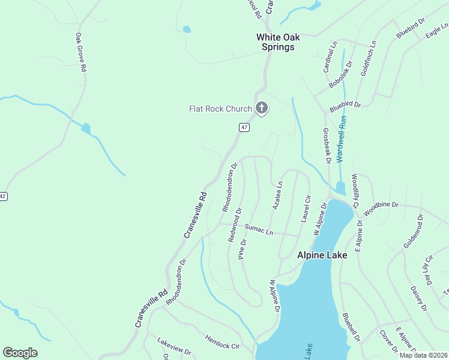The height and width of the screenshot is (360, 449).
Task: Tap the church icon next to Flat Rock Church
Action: click(x=261, y=109)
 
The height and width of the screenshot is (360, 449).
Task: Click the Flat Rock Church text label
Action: click(x=220, y=109)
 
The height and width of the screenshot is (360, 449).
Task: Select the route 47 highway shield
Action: click(x=244, y=127)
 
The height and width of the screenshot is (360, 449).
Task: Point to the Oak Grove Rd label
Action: click(x=80, y=53)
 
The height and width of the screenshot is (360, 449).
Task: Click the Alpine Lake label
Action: click(x=322, y=255)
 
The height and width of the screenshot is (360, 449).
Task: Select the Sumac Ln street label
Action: click(x=259, y=229)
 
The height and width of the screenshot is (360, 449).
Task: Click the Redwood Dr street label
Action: click(x=235, y=225)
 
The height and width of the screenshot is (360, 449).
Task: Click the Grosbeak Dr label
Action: click(x=327, y=145)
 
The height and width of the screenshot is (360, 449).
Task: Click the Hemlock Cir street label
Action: click(x=222, y=342)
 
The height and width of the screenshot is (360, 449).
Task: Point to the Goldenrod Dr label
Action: click(x=414, y=234)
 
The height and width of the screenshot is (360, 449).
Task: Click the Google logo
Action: click(x=20, y=353)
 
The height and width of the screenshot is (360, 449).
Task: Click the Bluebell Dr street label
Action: click(x=351, y=327)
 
